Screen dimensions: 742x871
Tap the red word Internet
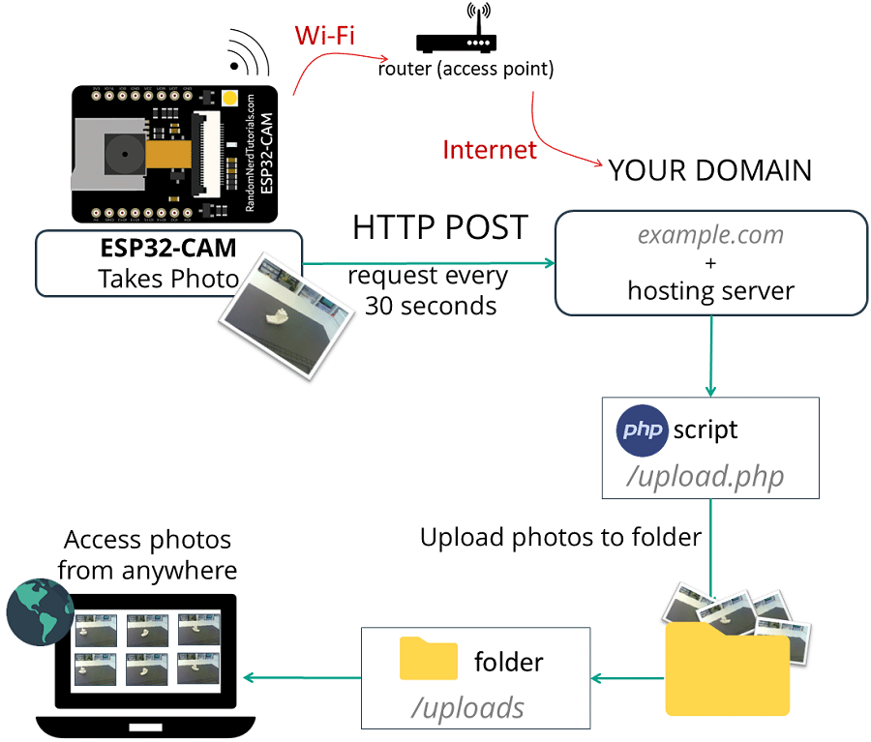pyautogui.click(x=489, y=150)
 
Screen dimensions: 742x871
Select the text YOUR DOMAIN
pyautogui.click(x=709, y=171)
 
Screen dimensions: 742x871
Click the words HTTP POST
pyautogui.click(x=439, y=227)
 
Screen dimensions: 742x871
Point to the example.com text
pyautogui.click(x=709, y=235)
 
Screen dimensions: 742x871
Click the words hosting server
pyautogui.click(x=709, y=290)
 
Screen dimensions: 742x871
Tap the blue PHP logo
pyautogui.click(x=643, y=430)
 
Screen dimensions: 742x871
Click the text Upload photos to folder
pyautogui.click(x=559, y=537)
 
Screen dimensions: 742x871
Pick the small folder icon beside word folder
pyautogui.click(x=429, y=660)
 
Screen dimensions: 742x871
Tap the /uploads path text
pyautogui.click(x=467, y=707)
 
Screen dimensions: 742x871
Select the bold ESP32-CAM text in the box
pyautogui.click(x=168, y=250)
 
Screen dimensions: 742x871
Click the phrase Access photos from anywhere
pyautogui.click(x=147, y=554)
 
